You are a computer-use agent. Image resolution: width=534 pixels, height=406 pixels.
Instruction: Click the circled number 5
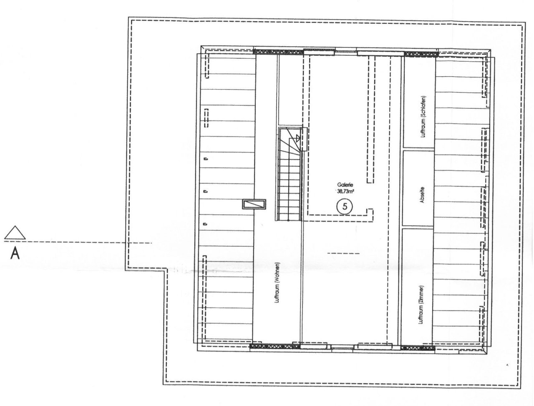(345, 206)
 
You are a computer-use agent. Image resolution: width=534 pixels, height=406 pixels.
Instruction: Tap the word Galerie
(343, 185)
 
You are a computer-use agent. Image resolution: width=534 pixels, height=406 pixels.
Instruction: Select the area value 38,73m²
(345, 191)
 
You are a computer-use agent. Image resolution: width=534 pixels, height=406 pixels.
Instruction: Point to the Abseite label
(422, 195)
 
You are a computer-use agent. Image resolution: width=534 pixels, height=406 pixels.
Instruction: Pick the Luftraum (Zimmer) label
(421, 304)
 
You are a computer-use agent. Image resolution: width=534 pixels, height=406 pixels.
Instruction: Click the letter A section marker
(15, 254)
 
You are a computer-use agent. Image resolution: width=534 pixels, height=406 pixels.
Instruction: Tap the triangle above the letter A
(15, 233)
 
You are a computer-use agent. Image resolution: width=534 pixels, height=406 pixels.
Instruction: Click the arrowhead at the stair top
(298, 138)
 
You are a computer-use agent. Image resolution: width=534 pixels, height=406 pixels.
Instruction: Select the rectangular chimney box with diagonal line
(254, 204)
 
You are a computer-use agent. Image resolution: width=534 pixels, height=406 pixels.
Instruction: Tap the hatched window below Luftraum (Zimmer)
(418, 348)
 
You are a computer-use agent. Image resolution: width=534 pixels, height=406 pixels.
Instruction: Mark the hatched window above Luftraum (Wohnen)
(279, 52)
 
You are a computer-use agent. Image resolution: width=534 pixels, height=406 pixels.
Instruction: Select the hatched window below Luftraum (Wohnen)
(275, 346)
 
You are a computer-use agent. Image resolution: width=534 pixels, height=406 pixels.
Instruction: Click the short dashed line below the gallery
(343, 253)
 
